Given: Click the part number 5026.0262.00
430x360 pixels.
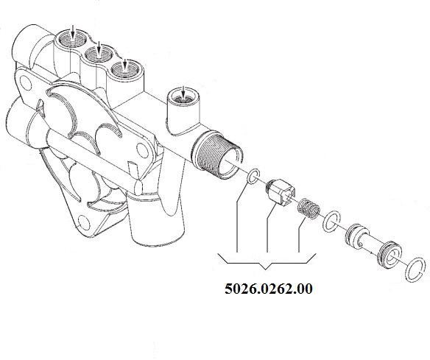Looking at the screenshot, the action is pyautogui.click(x=269, y=289).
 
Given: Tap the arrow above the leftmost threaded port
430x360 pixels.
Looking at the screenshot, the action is pyautogui.click(x=73, y=31).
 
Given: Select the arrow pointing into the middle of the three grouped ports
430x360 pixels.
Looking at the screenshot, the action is pyautogui.click(x=99, y=48).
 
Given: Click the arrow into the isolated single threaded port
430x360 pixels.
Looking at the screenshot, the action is pyautogui.click(x=183, y=93).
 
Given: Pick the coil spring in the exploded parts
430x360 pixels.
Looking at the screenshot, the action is pyautogui.click(x=309, y=208).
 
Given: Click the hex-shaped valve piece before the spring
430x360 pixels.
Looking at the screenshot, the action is pyautogui.click(x=280, y=191).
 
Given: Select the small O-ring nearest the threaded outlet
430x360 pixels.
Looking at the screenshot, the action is pyautogui.click(x=253, y=176).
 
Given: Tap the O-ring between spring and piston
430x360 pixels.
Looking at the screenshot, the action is pyautogui.click(x=331, y=222).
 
